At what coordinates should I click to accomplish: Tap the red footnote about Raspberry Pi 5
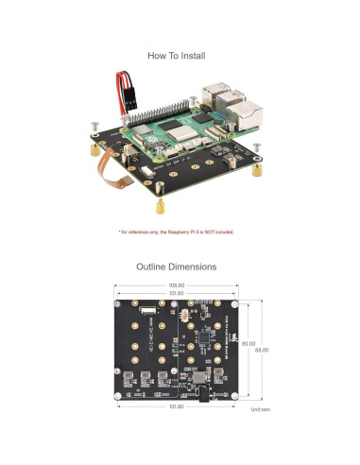point(176,232)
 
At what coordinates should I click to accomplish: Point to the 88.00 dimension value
point(261,349)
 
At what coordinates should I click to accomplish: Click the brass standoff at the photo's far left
point(94,149)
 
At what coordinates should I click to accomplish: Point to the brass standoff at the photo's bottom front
point(160,205)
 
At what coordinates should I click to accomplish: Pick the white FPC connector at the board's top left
point(147,311)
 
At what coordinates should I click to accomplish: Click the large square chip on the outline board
point(205,337)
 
